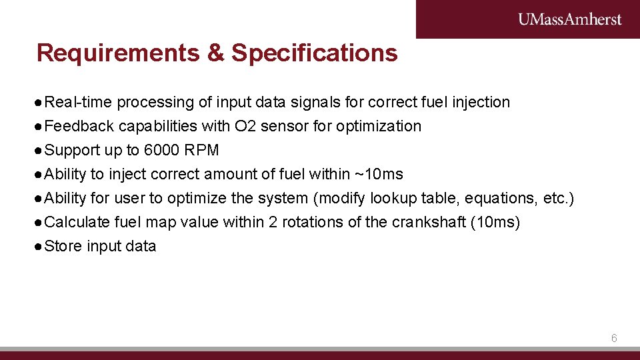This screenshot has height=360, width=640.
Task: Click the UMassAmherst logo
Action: [x=569, y=19]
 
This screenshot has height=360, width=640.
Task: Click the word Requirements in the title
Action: [x=118, y=53]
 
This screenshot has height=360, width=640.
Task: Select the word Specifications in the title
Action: [x=314, y=53]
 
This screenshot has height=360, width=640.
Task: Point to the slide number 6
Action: [x=614, y=339]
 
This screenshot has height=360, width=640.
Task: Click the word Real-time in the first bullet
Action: [x=80, y=102]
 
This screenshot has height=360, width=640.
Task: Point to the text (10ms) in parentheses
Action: [x=495, y=222]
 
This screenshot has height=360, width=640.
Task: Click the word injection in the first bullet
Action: [x=481, y=102]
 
